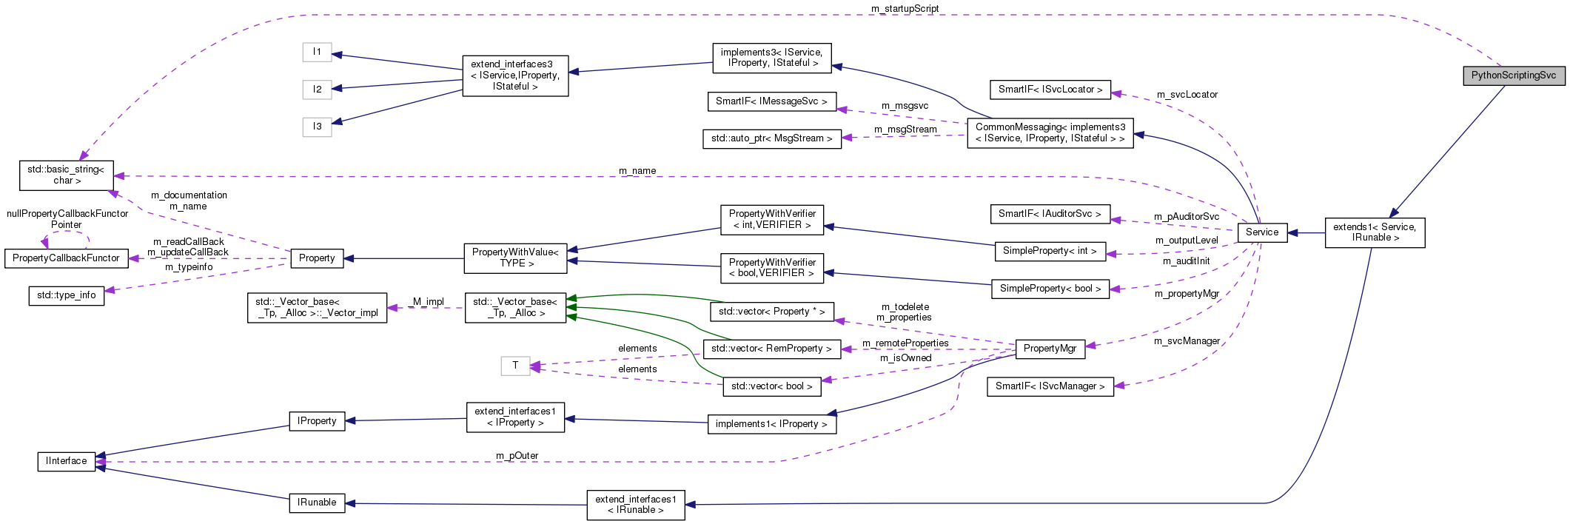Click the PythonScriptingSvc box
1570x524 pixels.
pyautogui.click(x=1513, y=75)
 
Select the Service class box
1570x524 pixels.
pyautogui.click(x=1261, y=232)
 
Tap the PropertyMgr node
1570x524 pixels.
pyautogui.click(x=1050, y=349)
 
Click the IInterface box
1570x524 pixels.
pyautogui.click(x=67, y=461)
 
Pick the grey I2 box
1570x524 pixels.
pyautogui.click(x=317, y=90)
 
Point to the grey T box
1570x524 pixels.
pyautogui.click(x=515, y=366)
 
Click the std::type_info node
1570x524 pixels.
pyautogui.click(x=67, y=295)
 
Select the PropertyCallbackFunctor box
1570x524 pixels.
pyautogui.click(x=66, y=258)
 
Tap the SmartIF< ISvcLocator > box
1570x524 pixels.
pyautogui.click(x=1050, y=90)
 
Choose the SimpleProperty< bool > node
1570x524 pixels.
pyautogui.click(x=1050, y=289)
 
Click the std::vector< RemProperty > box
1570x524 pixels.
pyautogui.click(x=771, y=349)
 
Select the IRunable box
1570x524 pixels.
pyautogui.click(x=317, y=503)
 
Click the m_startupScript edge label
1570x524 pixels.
pyautogui.click(x=905, y=9)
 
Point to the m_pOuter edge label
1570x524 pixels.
pyautogui.click(x=517, y=456)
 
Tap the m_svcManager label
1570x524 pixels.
pyautogui.click(x=1187, y=341)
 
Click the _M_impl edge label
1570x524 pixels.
pyautogui.click(x=426, y=302)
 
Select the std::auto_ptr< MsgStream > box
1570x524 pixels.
pyautogui.click(x=771, y=138)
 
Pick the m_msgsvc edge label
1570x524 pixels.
pyautogui.click(x=905, y=106)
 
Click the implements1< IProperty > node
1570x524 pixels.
pyautogui.click(x=771, y=424)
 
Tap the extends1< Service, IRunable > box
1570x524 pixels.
pyautogui.click(x=1374, y=232)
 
